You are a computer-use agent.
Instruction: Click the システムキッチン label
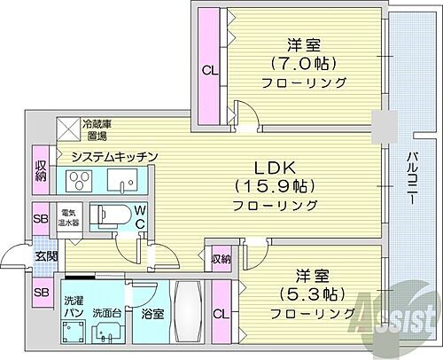(x=115, y=157)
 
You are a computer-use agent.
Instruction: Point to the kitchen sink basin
(x=118, y=183)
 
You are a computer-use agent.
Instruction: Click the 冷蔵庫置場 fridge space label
(x=96, y=130)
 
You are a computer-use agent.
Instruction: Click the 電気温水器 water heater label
(x=70, y=218)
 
